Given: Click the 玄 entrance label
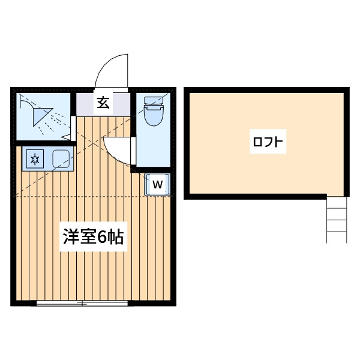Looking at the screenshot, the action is coord(103,103).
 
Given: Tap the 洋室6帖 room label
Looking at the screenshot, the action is coord(94,236).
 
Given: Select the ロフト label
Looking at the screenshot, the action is coord(268,142).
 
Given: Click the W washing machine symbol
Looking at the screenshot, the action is coord(157,185).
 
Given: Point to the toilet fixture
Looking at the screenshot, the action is coord(154,112).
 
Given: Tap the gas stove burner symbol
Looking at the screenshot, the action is coord(35,159).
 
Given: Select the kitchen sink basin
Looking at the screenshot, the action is coord(61,158).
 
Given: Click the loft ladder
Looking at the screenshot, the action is coord(337,220).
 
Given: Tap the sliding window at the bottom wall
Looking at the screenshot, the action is coord(82,303).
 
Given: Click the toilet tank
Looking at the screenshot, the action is coord(154,100).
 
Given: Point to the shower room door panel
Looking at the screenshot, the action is coord(73,128).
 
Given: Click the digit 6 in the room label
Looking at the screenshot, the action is coord(101,237).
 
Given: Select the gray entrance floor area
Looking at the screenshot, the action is coord(103,104).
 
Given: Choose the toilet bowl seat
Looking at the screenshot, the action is coord(154,116).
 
